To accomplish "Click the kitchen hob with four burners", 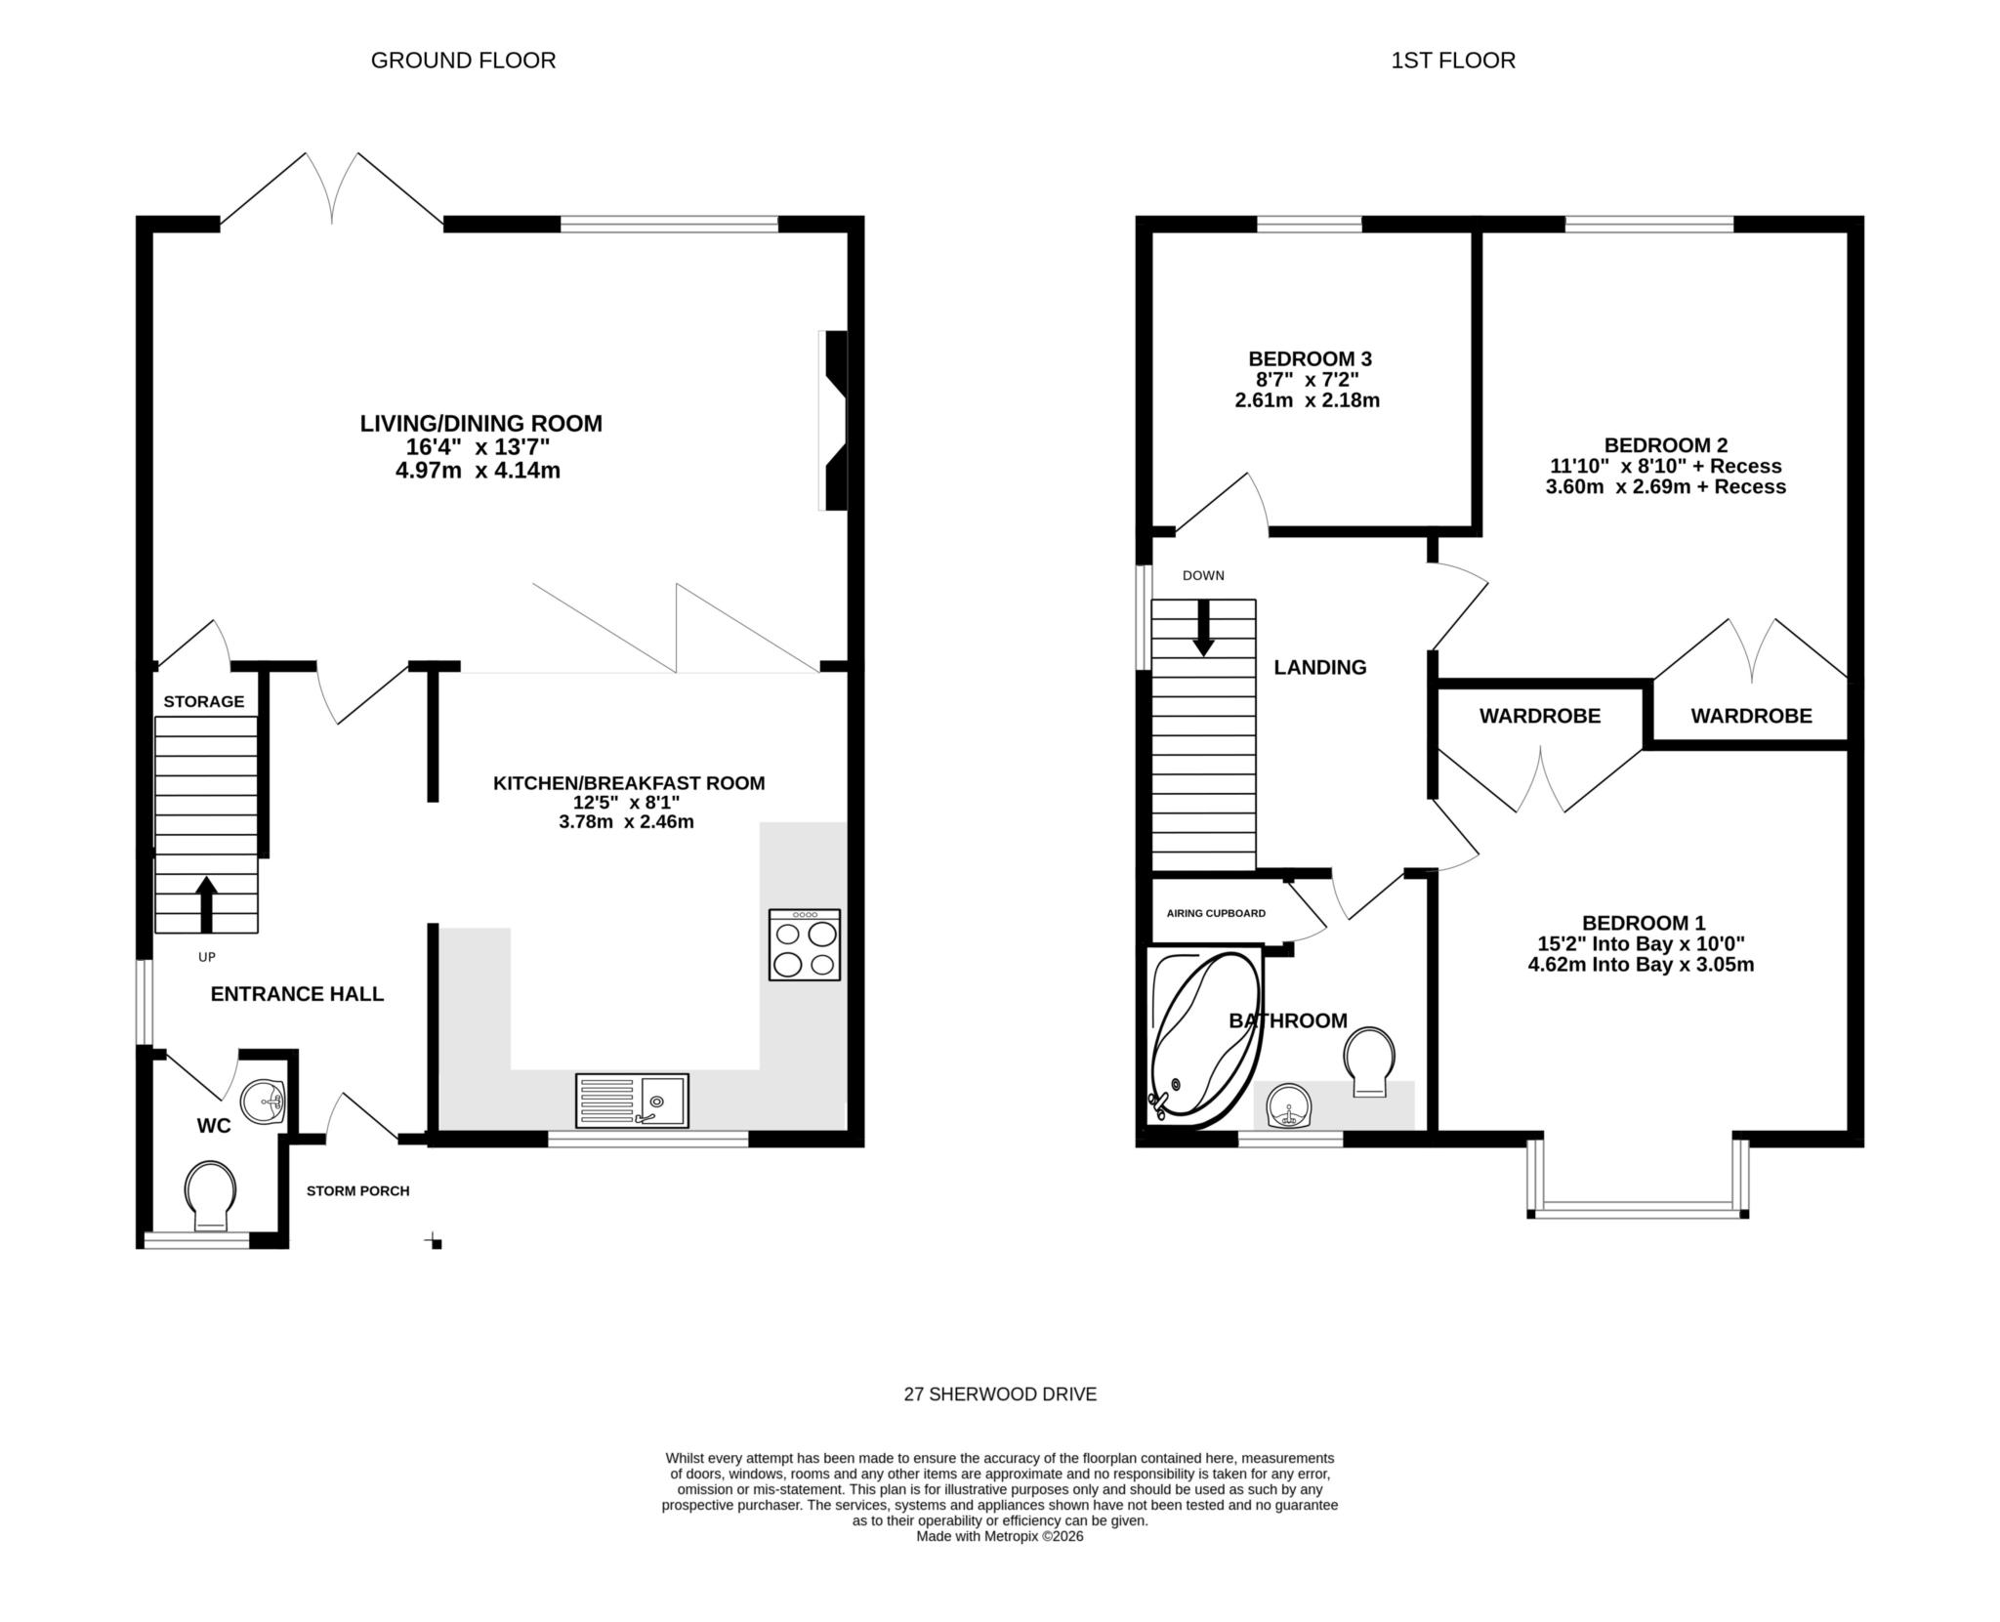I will tap(804, 944).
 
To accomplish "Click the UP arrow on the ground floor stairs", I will tap(206, 903).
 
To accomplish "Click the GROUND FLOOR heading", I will tap(463, 61).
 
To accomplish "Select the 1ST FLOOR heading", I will tap(1452, 61).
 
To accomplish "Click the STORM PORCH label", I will tap(357, 1190).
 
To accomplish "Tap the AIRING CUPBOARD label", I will tap(1216, 913).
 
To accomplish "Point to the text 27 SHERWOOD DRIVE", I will tap(1000, 1394).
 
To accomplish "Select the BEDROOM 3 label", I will tap(1309, 358).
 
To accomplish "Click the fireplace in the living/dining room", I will tap(834, 420).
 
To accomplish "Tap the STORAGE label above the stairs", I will tap(203, 701).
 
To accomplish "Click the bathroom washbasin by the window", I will tap(1290, 1106).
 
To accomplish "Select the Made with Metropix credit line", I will tap(1000, 1536).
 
